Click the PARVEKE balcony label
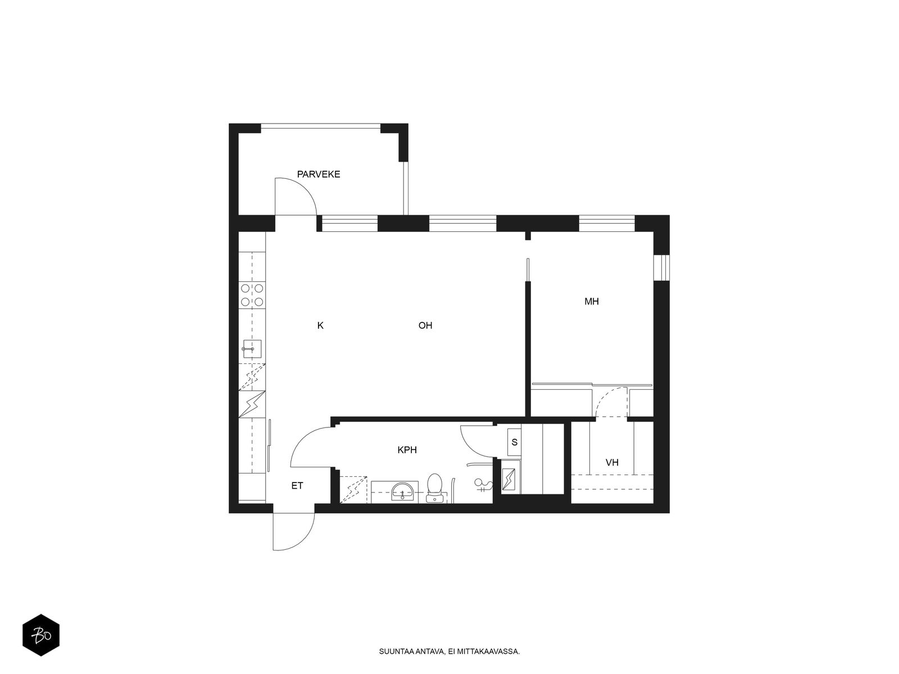pos(318,174)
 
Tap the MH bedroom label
pos(592,302)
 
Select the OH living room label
pos(425,325)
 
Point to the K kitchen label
pos(320,325)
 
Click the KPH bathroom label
pos(407,450)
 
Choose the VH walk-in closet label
pos(612,462)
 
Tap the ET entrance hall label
pos(297,486)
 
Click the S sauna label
pos(515,443)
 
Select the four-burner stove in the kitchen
pos(252,295)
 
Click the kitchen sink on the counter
pos(252,349)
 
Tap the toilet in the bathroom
pos(434,488)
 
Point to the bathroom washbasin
pos(403,491)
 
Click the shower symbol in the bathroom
pos(483,485)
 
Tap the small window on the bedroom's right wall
pos(661,268)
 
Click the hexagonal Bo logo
pos(41,635)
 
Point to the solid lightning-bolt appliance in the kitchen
pos(252,404)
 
